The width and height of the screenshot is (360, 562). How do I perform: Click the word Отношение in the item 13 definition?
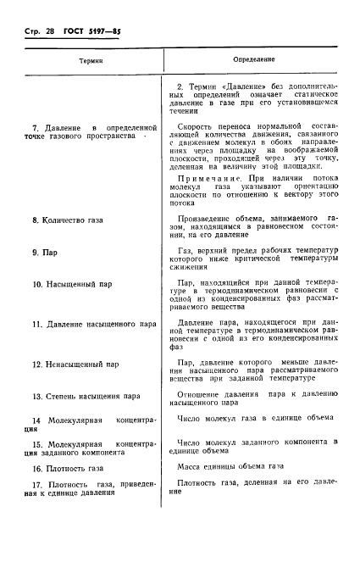[203, 394]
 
